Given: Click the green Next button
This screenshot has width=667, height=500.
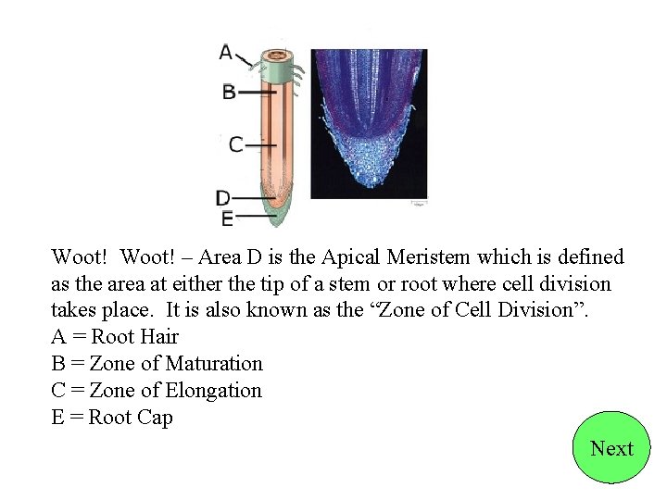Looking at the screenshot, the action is coord(611,448).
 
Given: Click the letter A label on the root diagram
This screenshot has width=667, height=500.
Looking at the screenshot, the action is coord(226,53).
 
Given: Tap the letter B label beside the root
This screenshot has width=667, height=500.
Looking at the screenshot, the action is coord(229,92).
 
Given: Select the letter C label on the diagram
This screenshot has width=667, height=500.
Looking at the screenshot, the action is coord(235,144).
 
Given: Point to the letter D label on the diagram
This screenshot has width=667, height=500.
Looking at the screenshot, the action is coord(223,197).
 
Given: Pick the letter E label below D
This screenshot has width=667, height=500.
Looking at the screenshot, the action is coord(227,219).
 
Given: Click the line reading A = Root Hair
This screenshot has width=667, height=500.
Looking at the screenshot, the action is coord(115,337).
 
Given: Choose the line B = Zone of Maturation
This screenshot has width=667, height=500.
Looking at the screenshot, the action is coord(157,364).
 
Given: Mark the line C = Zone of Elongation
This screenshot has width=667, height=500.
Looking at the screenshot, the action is coord(157,391).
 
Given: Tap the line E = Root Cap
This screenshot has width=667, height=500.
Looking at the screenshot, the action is coord(112,418).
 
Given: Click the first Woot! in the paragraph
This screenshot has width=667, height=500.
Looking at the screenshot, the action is coord(80,256).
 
